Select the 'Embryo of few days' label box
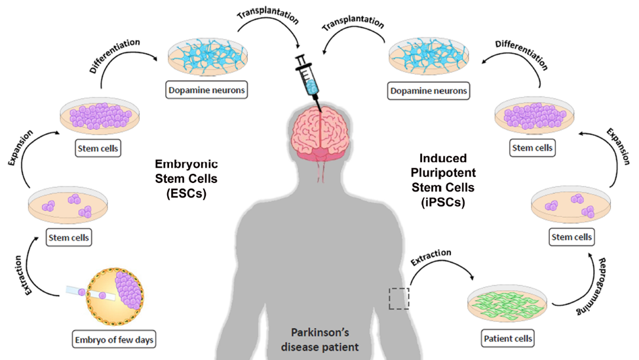pyautogui.click(x=114, y=339)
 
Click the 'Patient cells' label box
pyautogui.click(x=508, y=338)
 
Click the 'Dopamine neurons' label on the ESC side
pyautogui.click(x=206, y=90)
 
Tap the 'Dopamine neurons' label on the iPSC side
pyautogui.click(x=429, y=90)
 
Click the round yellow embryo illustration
pyautogui.click(x=115, y=296)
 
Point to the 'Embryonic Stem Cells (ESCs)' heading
pyautogui.click(x=186, y=178)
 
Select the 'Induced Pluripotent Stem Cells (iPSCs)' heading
pyautogui.click(x=443, y=180)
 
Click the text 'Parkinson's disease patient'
pyautogui.click(x=320, y=340)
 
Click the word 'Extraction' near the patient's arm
pyautogui.click(x=431, y=257)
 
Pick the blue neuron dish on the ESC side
pyautogui.click(x=208, y=57)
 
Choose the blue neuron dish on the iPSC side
pyautogui.click(x=429, y=58)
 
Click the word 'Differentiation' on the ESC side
pyautogui.click(x=115, y=56)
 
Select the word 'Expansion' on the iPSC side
pyautogui.click(x=618, y=146)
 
